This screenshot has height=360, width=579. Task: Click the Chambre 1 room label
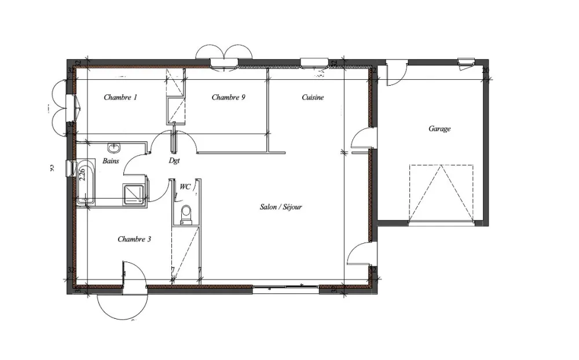tap(120, 97)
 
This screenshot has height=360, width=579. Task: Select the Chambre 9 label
tap(228, 97)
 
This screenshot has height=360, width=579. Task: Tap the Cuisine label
tap(313, 97)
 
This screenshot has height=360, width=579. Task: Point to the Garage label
tap(439, 129)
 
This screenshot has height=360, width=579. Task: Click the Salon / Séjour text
tap(281, 207)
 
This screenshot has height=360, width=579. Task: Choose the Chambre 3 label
tap(134, 239)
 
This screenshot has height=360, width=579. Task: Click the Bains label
tap(111, 161)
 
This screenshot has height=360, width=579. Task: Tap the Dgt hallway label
tap(174, 161)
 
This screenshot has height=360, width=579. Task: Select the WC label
tap(185, 187)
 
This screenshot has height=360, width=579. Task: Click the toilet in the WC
tap(186, 215)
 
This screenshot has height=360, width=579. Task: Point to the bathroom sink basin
tap(113, 147)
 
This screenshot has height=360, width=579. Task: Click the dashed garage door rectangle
tap(441, 193)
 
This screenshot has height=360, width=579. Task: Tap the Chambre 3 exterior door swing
tap(122, 301)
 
